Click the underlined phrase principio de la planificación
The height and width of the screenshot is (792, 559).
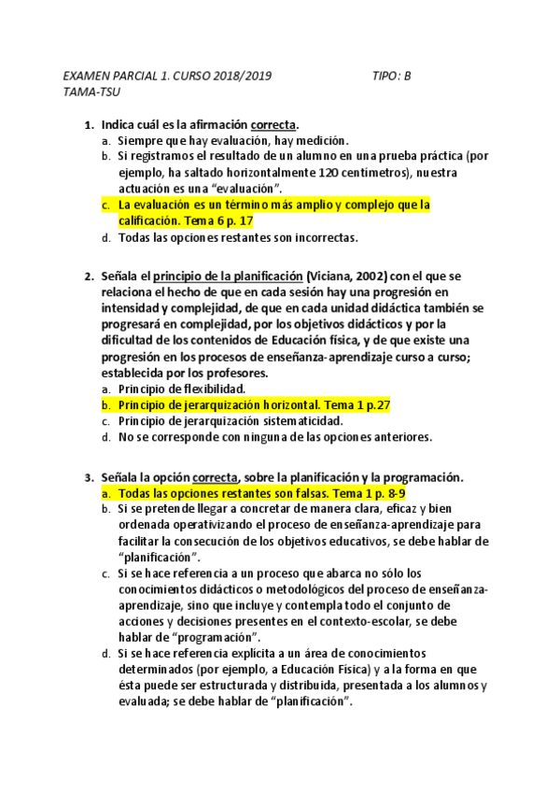pos(229,276)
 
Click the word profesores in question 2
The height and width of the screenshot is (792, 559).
pos(233,373)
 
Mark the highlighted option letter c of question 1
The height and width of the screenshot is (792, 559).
pos(106,205)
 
